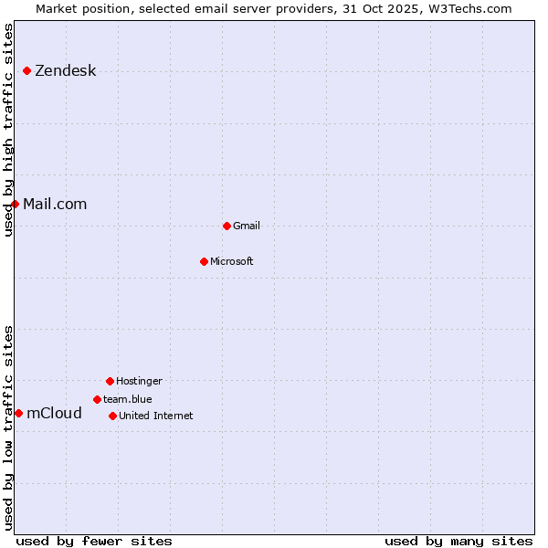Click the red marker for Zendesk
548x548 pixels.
pyautogui.click(x=27, y=71)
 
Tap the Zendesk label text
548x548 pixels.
pyautogui.click(x=65, y=71)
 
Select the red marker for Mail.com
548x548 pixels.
pyautogui.click(x=16, y=204)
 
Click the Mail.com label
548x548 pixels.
pyautogui.click(x=55, y=204)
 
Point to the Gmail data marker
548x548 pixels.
pyautogui.click(x=227, y=226)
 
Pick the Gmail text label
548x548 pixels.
pyautogui.click(x=247, y=226)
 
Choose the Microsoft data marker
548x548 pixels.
pyautogui.click(x=204, y=261)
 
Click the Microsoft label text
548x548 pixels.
pyautogui.click(x=232, y=261)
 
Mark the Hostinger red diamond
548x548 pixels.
pyautogui.click(x=110, y=381)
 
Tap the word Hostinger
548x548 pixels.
pyautogui.click(x=139, y=381)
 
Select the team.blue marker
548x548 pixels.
pyautogui.click(x=97, y=399)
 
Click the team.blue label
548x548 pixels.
pyautogui.click(x=128, y=399)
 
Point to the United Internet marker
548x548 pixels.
pyautogui.click(x=112, y=416)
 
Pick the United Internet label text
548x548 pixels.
pyautogui.click(x=156, y=416)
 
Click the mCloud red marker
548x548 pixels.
pyautogui.click(x=18, y=413)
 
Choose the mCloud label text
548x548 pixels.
pyautogui.click(x=54, y=413)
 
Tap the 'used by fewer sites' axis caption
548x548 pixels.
pyautogui.click(x=94, y=541)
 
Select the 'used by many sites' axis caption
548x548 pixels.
pyautogui.click(x=458, y=541)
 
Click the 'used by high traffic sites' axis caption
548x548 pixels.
pyautogui.click(x=8, y=130)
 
